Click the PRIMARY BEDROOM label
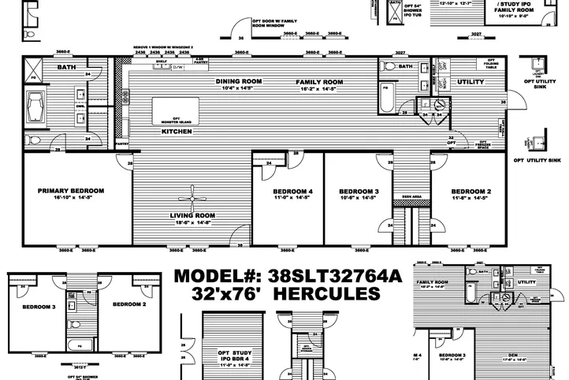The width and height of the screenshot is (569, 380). [x=72, y=190]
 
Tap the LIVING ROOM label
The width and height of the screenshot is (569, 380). [x=193, y=215]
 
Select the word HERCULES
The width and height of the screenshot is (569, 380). [x=329, y=294]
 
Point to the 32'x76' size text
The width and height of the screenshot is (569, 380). [x=223, y=294]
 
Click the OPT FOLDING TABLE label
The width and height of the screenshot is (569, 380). [x=490, y=61]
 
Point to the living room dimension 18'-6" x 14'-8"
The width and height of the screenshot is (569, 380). [x=193, y=222]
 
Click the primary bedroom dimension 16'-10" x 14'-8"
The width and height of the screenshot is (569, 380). [x=72, y=198]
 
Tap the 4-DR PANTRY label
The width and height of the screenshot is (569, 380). [x=200, y=61]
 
